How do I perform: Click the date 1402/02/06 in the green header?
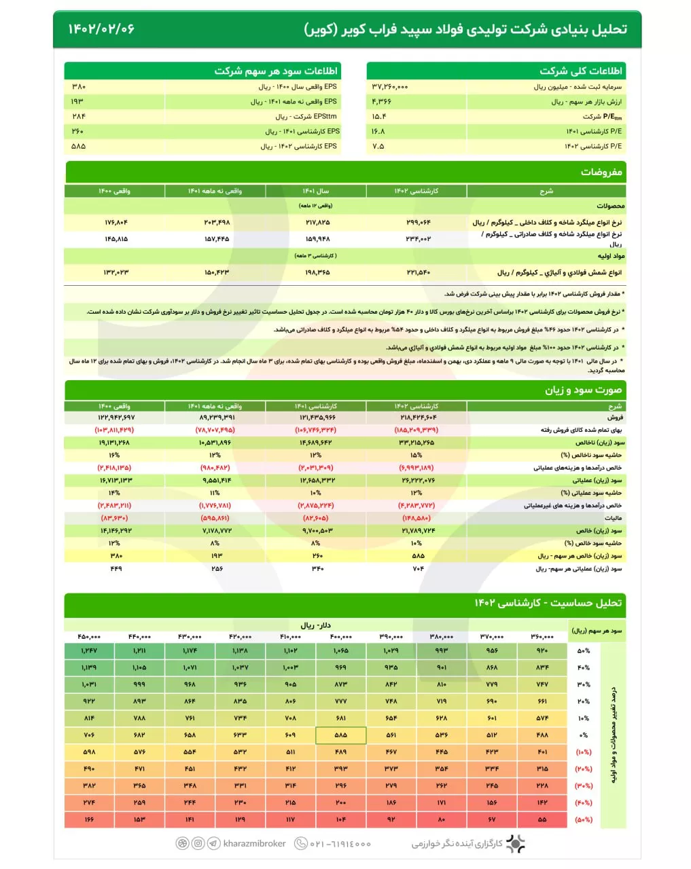tap(101, 29)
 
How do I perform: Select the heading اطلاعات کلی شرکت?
tap(581, 71)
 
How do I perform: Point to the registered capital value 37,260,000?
tap(390, 87)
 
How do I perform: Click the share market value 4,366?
tap(381, 102)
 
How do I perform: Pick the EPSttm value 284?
tap(79, 117)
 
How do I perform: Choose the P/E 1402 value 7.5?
tap(378, 147)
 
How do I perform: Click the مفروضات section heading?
tap(601, 172)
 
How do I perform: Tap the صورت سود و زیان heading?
tap(583, 390)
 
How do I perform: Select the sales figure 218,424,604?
tap(416, 418)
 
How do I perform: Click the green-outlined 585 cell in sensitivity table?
tap(341, 735)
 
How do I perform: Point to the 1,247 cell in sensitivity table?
tap(89, 651)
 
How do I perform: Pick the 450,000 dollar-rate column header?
tap(89, 637)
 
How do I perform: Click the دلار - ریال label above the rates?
tap(316, 625)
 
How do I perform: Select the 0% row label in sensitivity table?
tap(584, 735)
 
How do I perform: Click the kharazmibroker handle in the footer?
tap(255, 844)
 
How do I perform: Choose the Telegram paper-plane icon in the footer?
tap(214, 844)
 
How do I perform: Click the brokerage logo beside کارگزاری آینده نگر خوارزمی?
tap(516, 844)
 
